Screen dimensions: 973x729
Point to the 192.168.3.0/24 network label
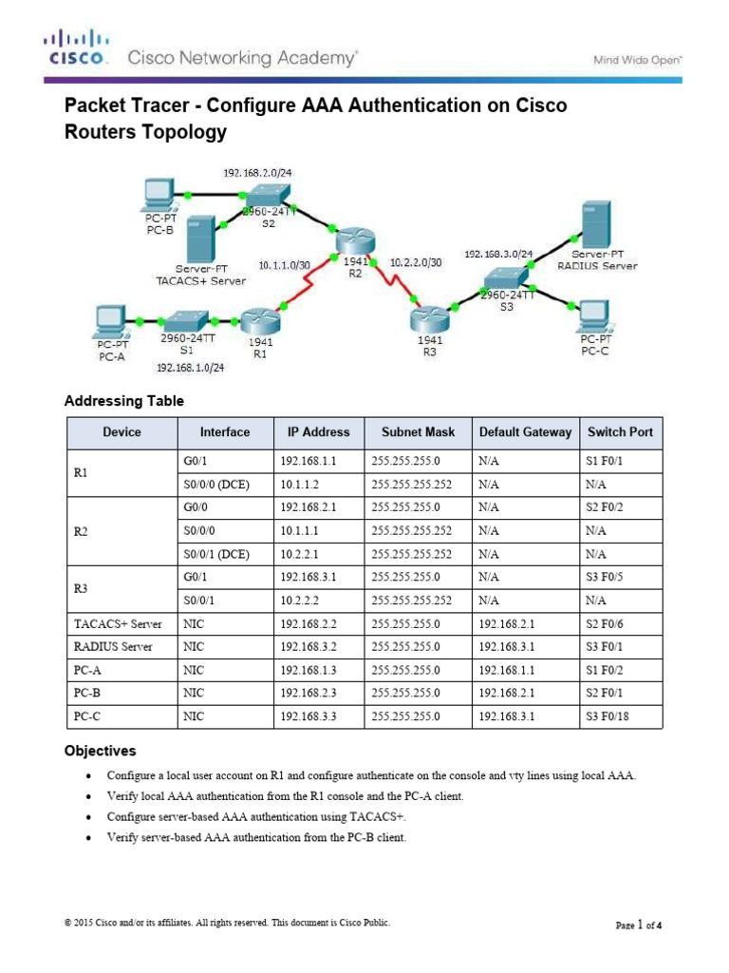tap(498, 255)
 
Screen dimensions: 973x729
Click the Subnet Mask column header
tap(418, 432)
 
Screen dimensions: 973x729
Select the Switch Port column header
tap(620, 432)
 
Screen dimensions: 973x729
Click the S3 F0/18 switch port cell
tap(608, 716)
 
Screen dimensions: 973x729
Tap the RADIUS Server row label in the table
tap(115, 646)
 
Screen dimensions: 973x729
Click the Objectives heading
tap(101, 751)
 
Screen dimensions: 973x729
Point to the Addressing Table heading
tap(123, 401)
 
